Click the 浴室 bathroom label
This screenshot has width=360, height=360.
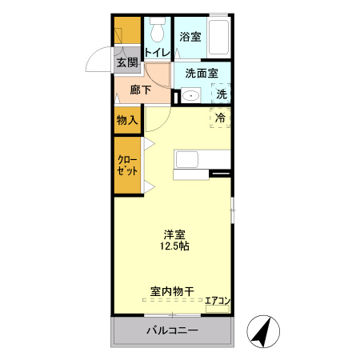click(x=190, y=37)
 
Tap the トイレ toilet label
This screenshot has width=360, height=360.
click(x=157, y=53)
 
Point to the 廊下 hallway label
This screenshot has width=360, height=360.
click(x=141, y=90)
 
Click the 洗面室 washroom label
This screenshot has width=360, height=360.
click(x=202, y=73)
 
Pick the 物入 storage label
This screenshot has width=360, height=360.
click(x=128, y=120)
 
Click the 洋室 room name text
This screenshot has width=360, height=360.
click(x=175, y=234)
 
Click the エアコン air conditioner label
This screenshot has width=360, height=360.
click(x=218, y=301)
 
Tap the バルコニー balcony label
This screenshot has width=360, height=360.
click(x=171, y=330)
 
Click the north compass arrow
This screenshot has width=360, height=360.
click(x=262, y=331)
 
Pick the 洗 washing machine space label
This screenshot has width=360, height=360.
click(x=222, y=93)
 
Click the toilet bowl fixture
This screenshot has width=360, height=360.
click(x=156, y=30)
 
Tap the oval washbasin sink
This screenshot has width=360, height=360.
click(x=190, y=96)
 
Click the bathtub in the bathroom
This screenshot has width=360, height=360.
click(x=217, y=37)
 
